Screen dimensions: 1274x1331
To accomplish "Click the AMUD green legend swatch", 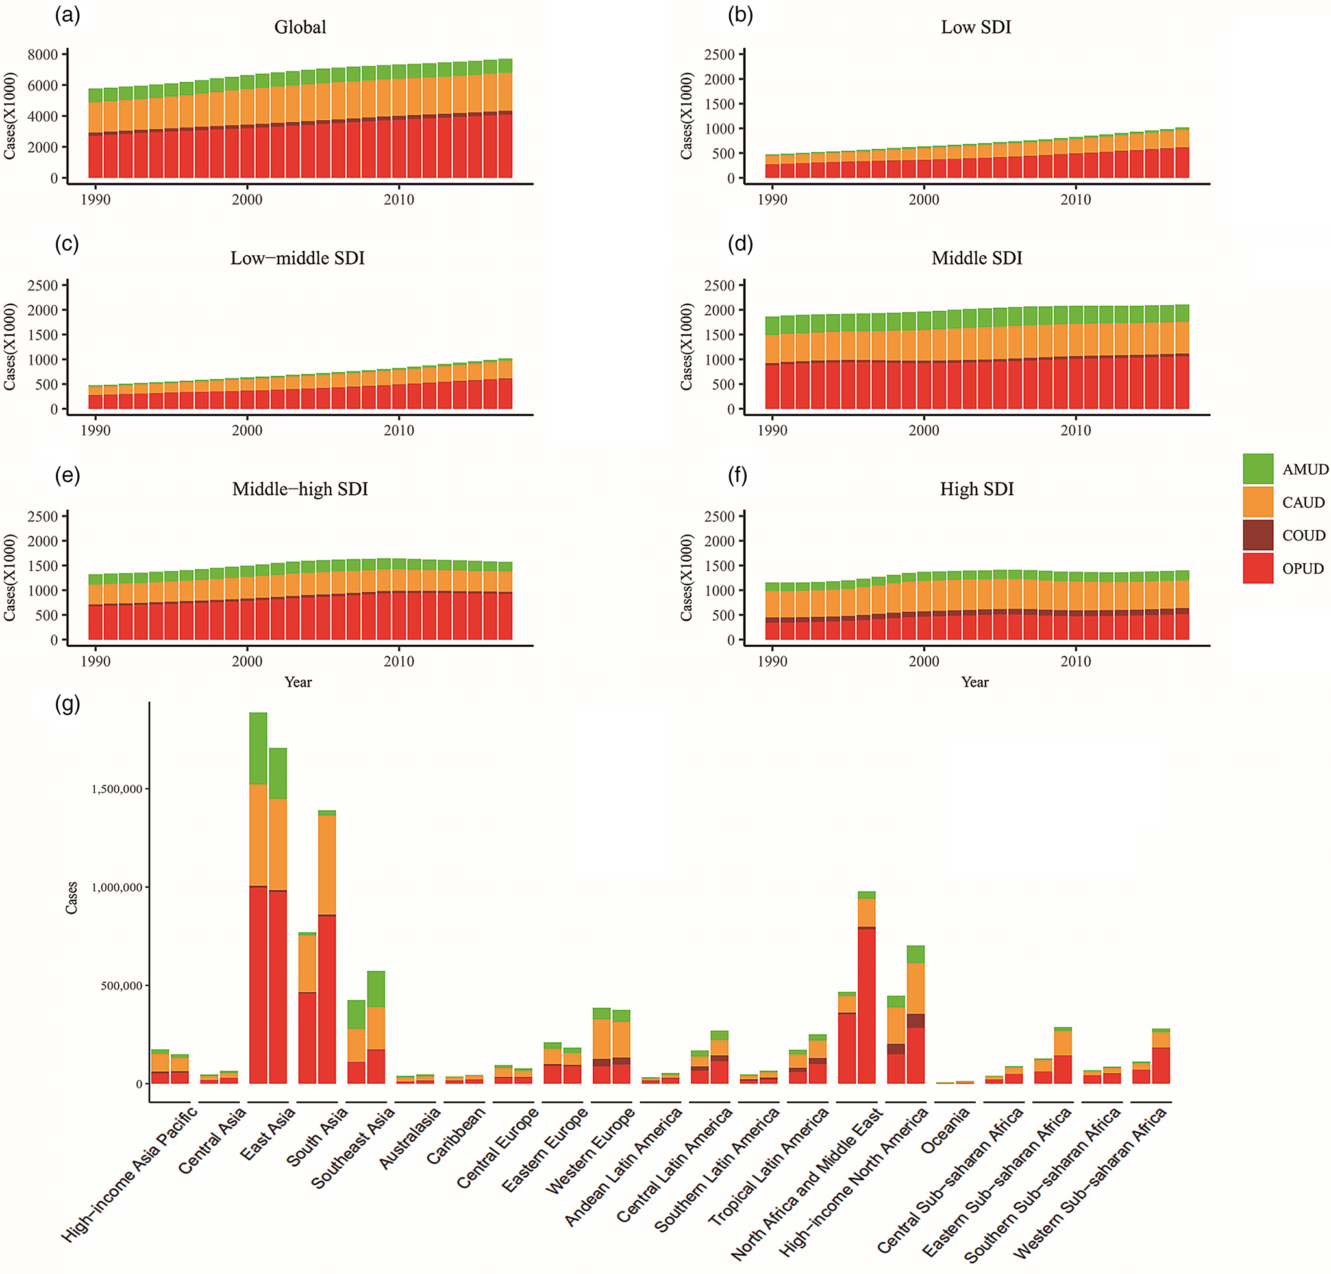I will [1258, 469].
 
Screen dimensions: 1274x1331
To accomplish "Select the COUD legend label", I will [1303, 535].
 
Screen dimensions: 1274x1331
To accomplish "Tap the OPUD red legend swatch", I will [1258, 568].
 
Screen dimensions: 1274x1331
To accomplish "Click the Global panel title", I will [299, 27].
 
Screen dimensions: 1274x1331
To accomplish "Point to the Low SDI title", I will [976, 27].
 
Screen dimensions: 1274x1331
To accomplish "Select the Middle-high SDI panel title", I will [299, 489].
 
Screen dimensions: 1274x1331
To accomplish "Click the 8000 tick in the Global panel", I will [43, 55].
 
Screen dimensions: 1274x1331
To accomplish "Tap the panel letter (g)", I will [68, 705].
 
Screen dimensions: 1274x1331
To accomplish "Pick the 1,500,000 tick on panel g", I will [117, 788].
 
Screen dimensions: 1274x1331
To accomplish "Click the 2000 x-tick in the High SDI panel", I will [923, 662].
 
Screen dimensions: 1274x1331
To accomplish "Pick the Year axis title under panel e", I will [298, 682].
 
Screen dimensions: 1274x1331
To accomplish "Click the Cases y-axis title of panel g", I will [71, 898].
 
